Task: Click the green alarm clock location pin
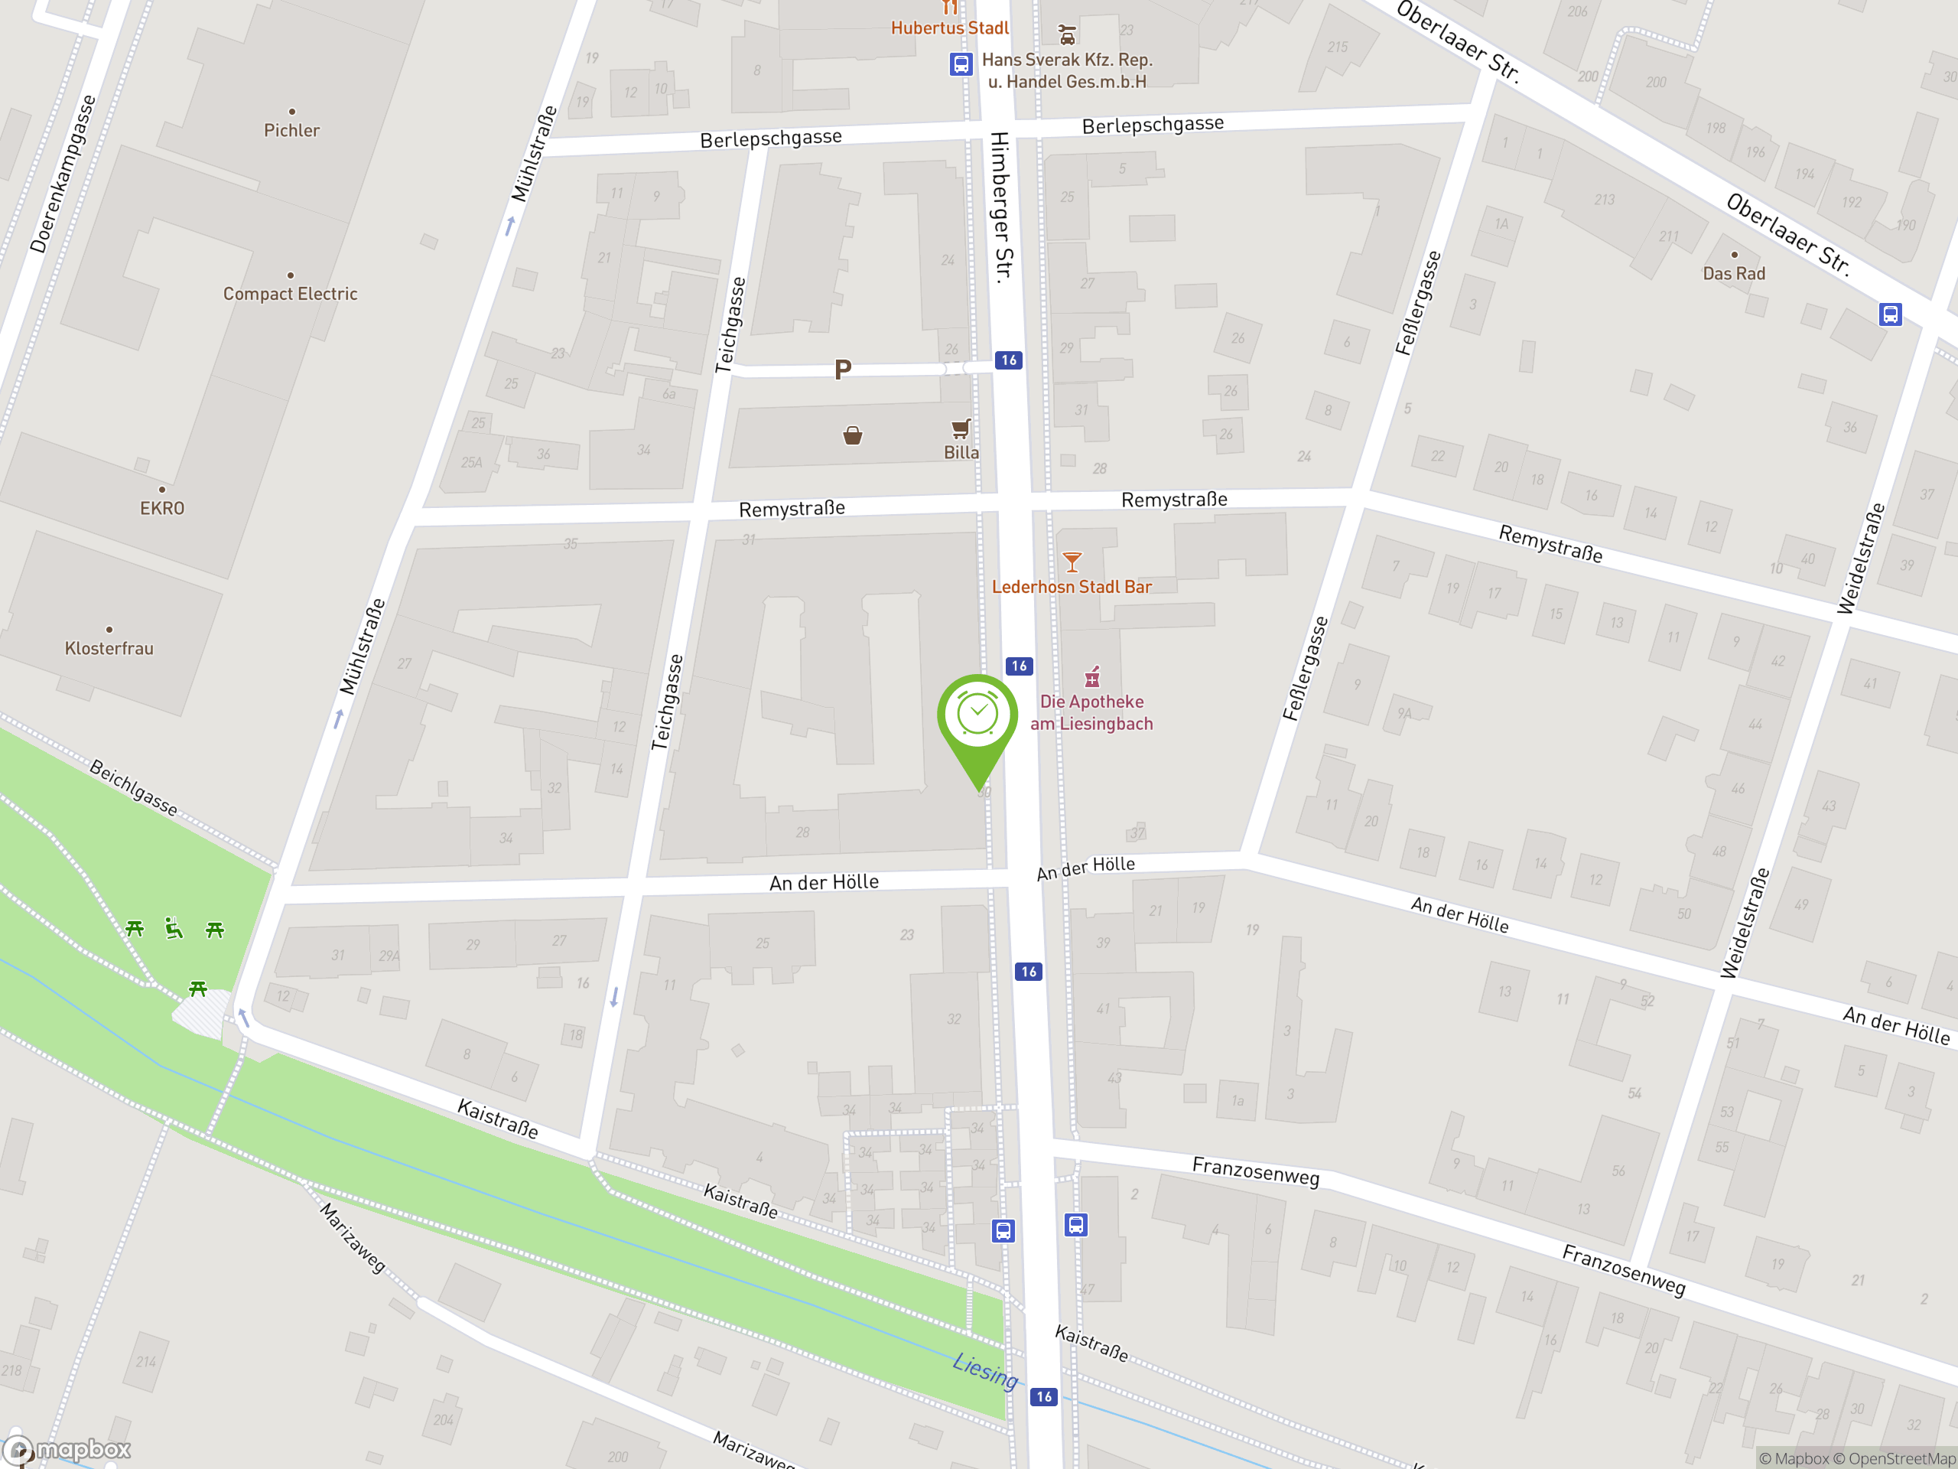[977, 717]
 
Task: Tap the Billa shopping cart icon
[961, 429]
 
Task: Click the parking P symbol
[843, 370]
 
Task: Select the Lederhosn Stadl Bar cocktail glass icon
[1072, 562]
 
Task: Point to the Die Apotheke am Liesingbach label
[1091, 712]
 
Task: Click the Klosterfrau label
[109, 648]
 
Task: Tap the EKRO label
[162, 508]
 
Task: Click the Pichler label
[291, 130]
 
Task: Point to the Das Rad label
[1733, 274]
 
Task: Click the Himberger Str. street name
[1001, 207]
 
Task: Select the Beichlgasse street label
[134, 787]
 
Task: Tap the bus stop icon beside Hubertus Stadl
[961, 64]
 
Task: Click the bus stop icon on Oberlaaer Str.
[1890, 314]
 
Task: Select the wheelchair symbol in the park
[174, 929]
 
